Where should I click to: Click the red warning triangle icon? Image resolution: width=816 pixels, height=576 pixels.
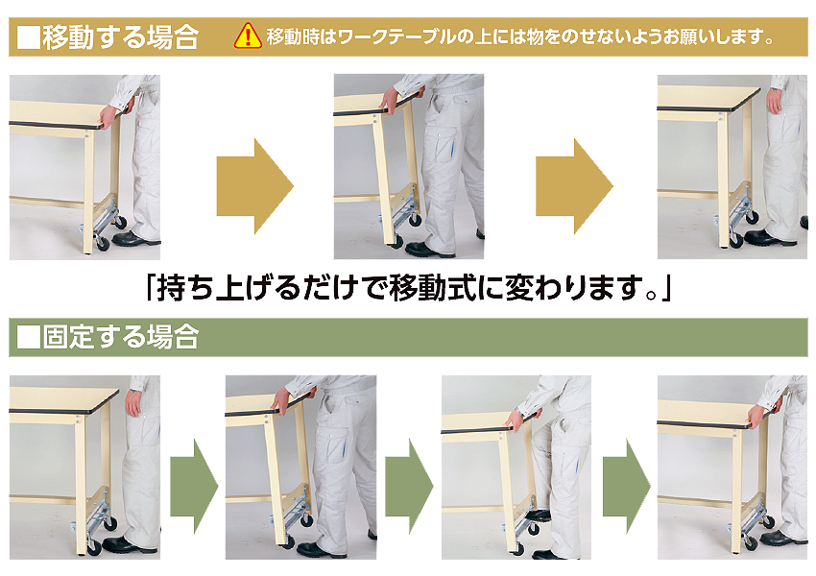click(248, 36)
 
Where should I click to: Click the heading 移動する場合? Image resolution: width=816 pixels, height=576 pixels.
click(121, 36)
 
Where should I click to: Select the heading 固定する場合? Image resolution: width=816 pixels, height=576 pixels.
click(121, 337)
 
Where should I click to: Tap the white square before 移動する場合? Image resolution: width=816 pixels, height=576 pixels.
click(29, 37)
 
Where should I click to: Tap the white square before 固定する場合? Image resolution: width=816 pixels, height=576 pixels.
click(29, 337)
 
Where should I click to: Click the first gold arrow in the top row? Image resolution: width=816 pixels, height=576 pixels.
click(255, 185)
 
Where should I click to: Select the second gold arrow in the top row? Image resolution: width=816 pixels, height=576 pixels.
click(574, 185)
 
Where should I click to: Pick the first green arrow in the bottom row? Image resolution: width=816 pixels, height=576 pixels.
click(194, 487)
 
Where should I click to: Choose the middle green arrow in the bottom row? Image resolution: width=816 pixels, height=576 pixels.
click(409, 487)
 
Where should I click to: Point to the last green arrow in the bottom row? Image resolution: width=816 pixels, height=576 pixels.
click(627, 487)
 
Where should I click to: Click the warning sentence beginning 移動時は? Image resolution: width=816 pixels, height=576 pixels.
click(520, 36)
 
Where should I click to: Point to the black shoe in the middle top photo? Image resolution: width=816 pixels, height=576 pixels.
click(429, 250)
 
